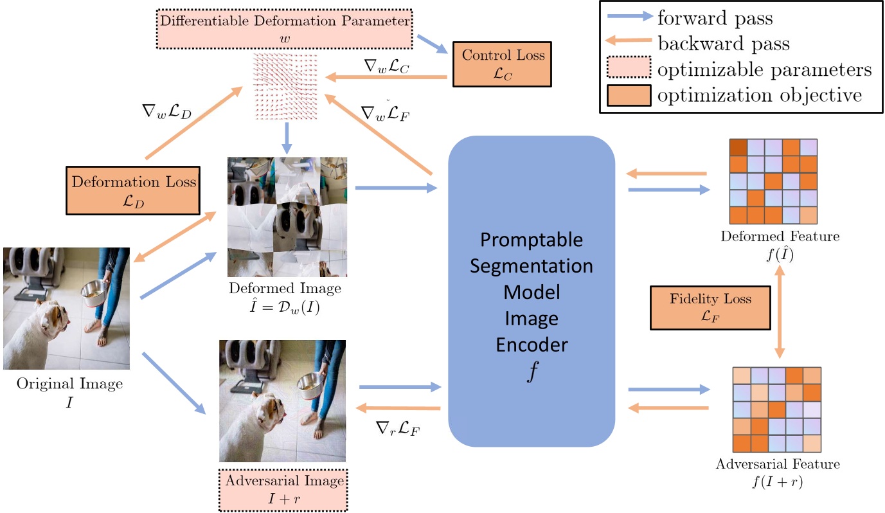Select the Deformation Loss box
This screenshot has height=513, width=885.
tap(134, 190)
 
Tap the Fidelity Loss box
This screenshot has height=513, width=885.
tap(710, 307)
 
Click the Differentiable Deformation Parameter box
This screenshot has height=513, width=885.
tap(285, 28)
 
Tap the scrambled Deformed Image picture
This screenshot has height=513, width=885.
tap(287, 217)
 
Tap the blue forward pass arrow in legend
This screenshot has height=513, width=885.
tap(627, 19)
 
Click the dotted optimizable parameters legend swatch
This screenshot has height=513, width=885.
tap(627, 69)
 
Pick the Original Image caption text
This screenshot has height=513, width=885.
tap(69, 385)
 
